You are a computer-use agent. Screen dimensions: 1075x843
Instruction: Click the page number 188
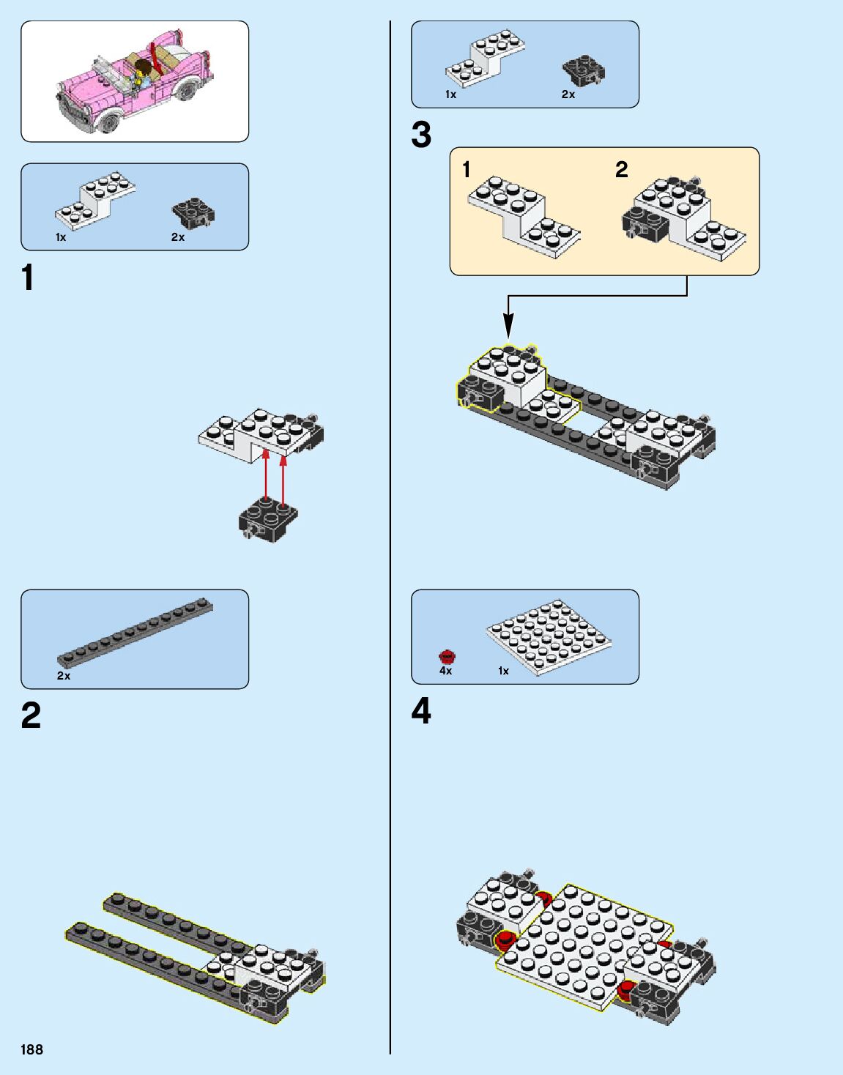[x=31, y=1049]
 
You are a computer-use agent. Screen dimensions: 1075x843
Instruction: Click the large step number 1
[x=28, y=279]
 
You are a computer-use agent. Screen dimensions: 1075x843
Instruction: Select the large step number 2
[x=31, y=715]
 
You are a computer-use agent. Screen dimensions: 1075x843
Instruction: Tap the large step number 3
[x=421, y=135]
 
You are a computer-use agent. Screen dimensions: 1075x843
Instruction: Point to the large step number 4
[x=421, y=711]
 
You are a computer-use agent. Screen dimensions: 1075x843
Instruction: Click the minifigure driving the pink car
[x=142, y=73]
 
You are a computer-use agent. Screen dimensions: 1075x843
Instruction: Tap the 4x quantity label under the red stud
[x=445, y=671]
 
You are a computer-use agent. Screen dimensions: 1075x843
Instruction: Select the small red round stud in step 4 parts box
[x=447, y=656]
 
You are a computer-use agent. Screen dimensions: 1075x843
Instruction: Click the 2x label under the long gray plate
[x=64, y=676]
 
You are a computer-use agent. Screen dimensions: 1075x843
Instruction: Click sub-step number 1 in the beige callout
[x=467, y=170]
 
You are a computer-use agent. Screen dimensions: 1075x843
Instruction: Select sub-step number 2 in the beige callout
[x=621, y=170]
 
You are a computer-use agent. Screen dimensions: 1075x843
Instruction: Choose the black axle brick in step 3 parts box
[x=584, y=70]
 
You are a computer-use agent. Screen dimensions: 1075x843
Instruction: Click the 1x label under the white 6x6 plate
[x=503, y=671]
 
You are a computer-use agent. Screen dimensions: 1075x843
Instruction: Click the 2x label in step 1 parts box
[x=178, y=237]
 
